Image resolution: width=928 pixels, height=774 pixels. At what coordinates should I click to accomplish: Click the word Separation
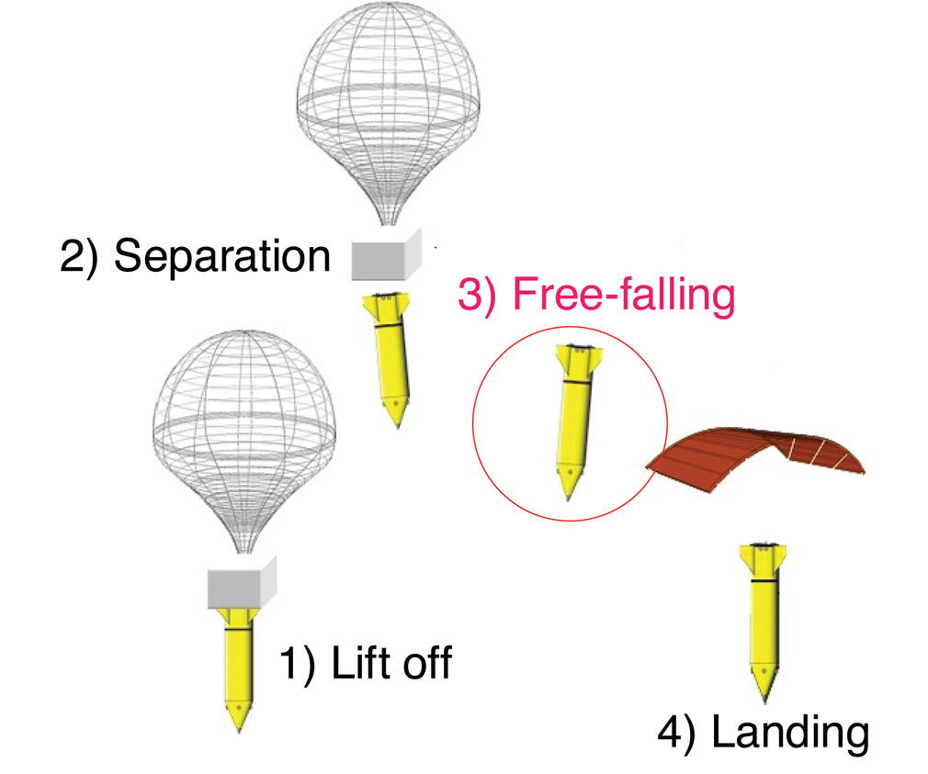[x=221, y=258]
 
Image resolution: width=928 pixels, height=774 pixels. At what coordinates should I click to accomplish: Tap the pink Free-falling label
[x=622, y=297]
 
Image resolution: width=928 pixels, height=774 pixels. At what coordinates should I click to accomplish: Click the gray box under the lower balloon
[x=242, y=584]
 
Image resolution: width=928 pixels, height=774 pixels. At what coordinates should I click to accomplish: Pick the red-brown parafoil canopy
[x=759, y=454]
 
